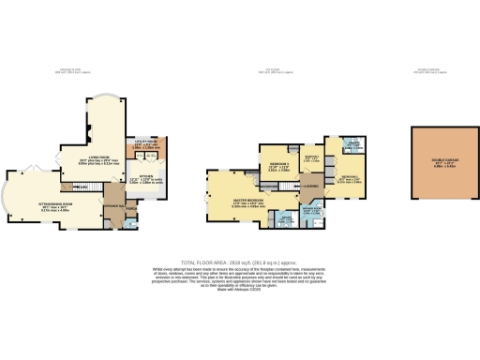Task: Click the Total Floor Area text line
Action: click(239, 264)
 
